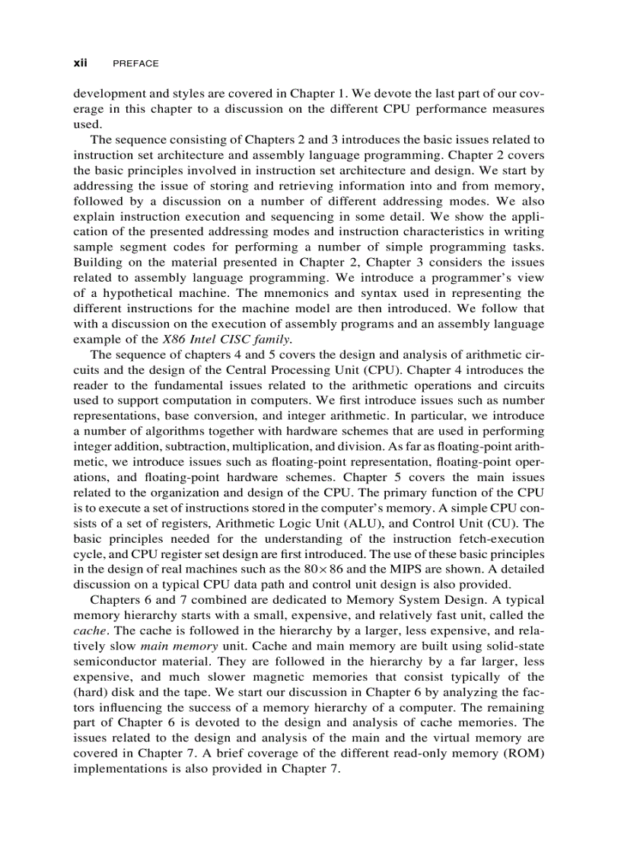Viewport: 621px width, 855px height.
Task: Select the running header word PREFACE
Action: coord(135,65)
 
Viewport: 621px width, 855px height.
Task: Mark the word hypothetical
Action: coord(144,293)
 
